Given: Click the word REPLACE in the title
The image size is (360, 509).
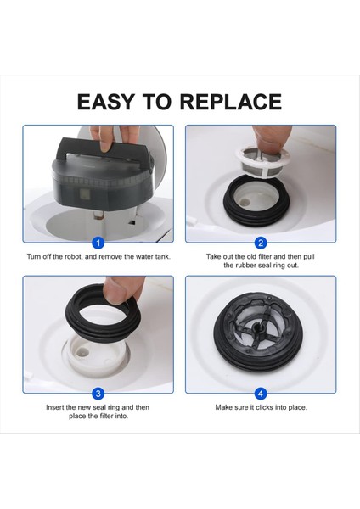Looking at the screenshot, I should coord(230,102).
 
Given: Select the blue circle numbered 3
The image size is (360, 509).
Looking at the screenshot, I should coord(98,393).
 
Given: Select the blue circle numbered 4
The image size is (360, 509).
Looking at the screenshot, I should coord(261,393).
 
